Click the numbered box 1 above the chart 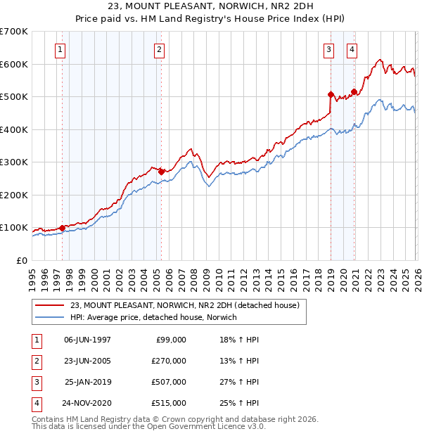[60, 49]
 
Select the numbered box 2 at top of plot [160, 49]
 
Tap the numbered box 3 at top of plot [328, 49]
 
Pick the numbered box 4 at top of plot [351, 49]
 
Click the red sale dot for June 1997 [62, 228]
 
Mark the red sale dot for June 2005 [161, 172]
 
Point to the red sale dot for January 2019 [331, 94]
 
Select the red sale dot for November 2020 [354, 91]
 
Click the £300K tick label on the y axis [14, 162]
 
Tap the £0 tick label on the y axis [23, 261]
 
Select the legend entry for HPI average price [153, 317]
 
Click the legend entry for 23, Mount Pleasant [185, 305]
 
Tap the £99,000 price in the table [169, 340]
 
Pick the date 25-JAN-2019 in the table [88, 383]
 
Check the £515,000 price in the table [169, 404]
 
